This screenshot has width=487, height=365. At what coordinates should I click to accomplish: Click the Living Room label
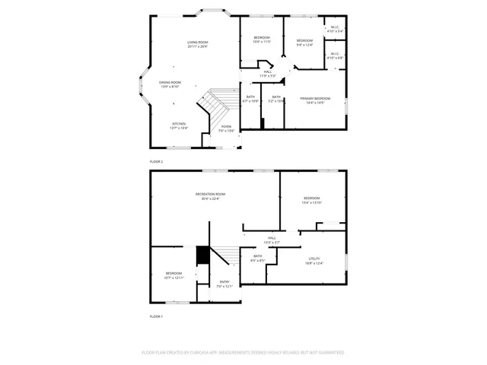(x=198, y=44)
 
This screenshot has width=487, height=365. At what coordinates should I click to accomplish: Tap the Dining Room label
(x=170, y=84)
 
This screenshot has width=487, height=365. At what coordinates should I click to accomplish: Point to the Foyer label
(x=227, y=129)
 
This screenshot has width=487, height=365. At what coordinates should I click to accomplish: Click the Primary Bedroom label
(x=315, y=100)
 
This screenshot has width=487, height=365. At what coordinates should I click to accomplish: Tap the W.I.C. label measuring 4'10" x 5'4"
(x=335, y=29)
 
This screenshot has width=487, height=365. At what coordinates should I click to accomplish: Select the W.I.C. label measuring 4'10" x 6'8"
(x=335, y=56)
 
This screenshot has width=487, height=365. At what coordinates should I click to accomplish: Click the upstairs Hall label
(x=268, y=74)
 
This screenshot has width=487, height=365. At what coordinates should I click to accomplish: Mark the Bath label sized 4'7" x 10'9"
(x=250, y=99)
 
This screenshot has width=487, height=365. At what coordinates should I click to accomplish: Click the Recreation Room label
(x=210, y=196)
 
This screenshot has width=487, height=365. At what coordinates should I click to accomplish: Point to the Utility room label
(x=314, y=261)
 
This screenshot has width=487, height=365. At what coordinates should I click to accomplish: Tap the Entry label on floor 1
(x=224, y=284)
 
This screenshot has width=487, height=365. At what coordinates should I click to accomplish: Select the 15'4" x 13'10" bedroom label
(x=312, y=200)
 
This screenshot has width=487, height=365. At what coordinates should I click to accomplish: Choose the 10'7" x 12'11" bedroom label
(x=174, y=275)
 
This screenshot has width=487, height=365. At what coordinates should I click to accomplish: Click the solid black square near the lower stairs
(x=202, y=255)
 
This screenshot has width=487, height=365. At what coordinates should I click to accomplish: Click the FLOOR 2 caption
(x=156, y=162)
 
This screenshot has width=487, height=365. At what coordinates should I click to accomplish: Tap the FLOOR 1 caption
(x=156, y=316)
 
